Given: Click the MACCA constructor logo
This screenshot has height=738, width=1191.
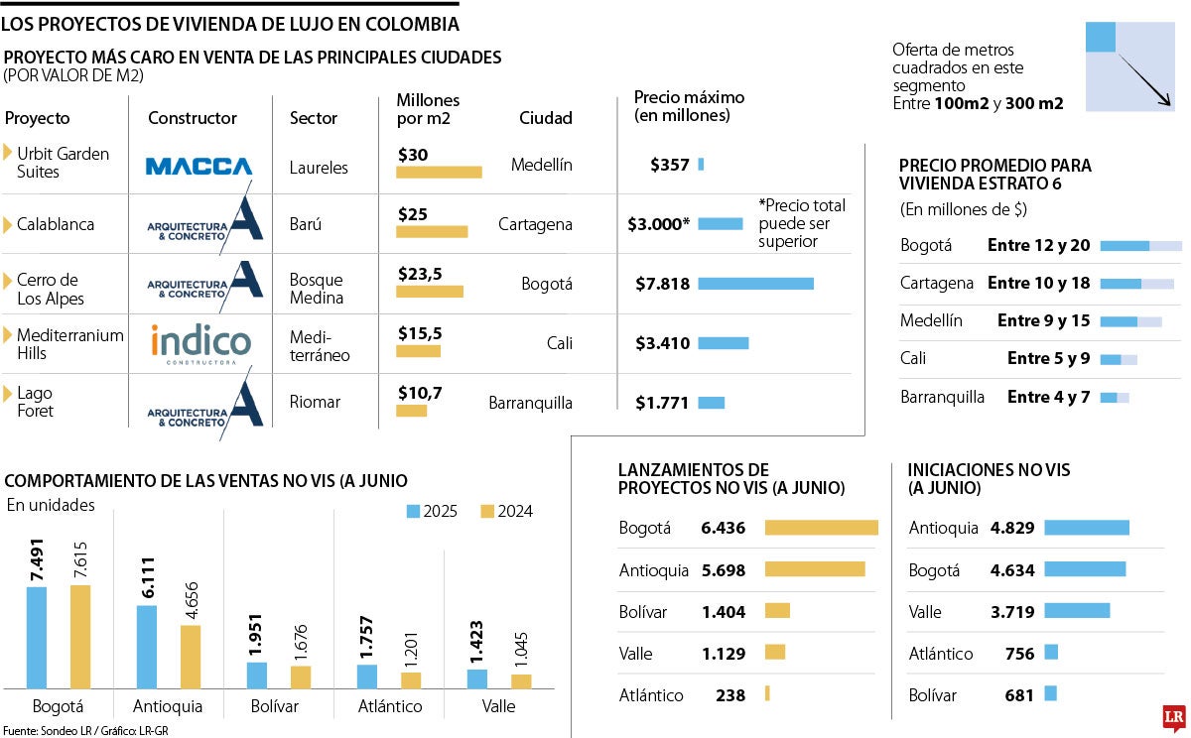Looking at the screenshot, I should [x=198, y=166].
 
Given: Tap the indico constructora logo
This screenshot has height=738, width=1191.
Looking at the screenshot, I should [x=200, y=344].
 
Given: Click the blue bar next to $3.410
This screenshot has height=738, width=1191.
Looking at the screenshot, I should [x=724, y=343].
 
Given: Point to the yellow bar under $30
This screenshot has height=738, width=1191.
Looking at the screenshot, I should [x=439, y=172].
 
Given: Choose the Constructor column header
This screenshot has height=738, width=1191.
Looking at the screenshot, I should [x=193, y=118].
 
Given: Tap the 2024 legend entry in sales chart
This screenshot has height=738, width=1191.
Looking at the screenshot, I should [x=506, y=512].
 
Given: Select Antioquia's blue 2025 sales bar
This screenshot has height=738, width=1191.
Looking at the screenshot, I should [x=146, y=646].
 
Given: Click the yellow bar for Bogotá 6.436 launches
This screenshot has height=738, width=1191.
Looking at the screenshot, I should [x=821, y=528].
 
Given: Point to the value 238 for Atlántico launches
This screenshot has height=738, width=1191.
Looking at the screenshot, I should [x=729, y=695].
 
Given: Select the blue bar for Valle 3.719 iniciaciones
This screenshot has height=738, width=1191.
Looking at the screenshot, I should [x=1077, y=610].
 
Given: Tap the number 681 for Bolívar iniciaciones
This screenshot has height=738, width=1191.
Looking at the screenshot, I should [x=1019, y=695].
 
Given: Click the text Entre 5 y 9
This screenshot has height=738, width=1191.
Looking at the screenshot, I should [x=1048, y=358].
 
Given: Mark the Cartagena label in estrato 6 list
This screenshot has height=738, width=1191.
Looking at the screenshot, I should [x=936, y=283].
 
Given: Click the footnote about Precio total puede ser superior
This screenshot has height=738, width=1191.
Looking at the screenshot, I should [x=802, y=223].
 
